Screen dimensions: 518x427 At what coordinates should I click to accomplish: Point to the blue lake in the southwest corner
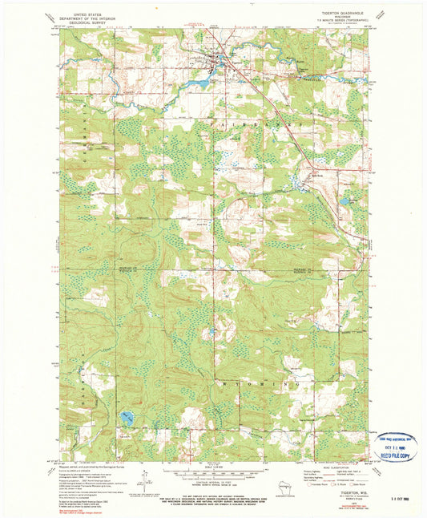coord(127,419)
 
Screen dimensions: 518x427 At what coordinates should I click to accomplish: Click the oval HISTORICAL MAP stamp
coord(397,439)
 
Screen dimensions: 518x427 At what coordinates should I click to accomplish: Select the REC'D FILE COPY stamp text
coord(398,455)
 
